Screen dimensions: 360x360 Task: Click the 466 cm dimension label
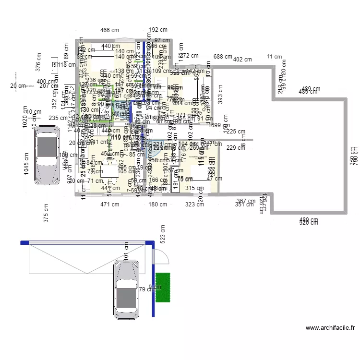click(109, 30)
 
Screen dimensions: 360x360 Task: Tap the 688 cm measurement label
click(223, 57)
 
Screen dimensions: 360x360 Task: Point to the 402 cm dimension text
click(242, 60)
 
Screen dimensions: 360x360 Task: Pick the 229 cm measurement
click(236, 148)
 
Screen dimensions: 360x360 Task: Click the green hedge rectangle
click(163, 288)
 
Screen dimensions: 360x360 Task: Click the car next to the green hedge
click(126, 291)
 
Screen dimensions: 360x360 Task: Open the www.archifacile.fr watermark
click(330, 328)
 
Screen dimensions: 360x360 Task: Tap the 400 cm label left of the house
click(46, 82)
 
